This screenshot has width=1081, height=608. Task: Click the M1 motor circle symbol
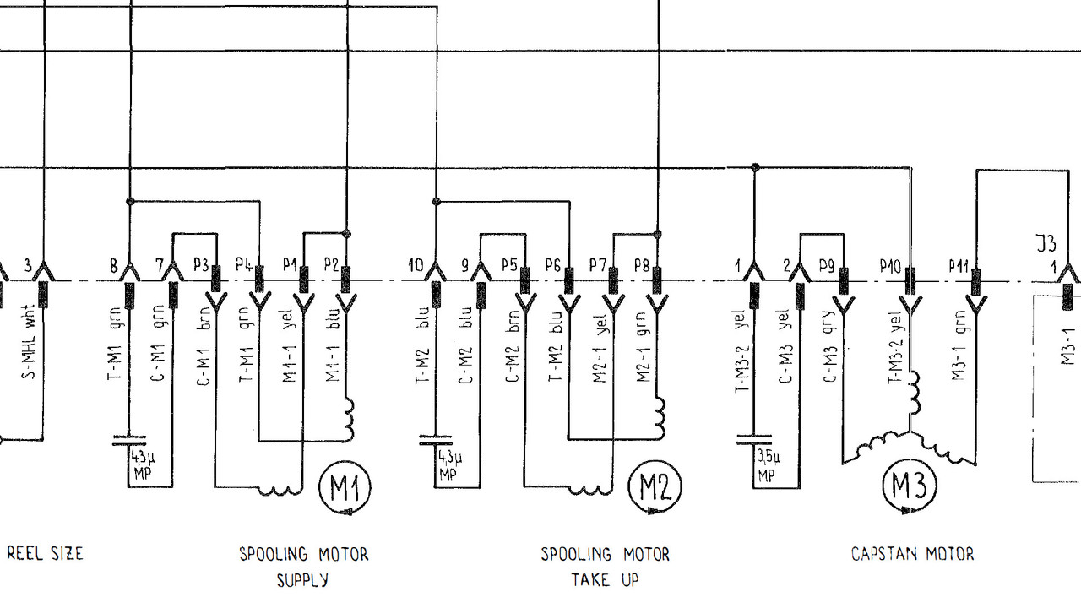(345, 488)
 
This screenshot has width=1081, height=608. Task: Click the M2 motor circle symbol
(655, 488)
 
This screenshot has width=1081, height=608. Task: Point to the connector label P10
(890, 266)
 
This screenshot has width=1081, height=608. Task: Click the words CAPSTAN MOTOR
(912, 555)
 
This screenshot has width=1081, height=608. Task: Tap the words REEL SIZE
(46, 554)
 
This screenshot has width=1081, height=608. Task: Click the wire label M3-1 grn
(959, 346)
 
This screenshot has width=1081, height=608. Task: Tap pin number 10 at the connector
(415, 265)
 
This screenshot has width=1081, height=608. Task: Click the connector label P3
(201, 265)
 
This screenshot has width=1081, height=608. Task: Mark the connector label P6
(553, 265)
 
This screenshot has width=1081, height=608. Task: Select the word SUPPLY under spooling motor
(302, 580)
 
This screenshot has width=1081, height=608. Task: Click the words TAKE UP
(605, 580)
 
